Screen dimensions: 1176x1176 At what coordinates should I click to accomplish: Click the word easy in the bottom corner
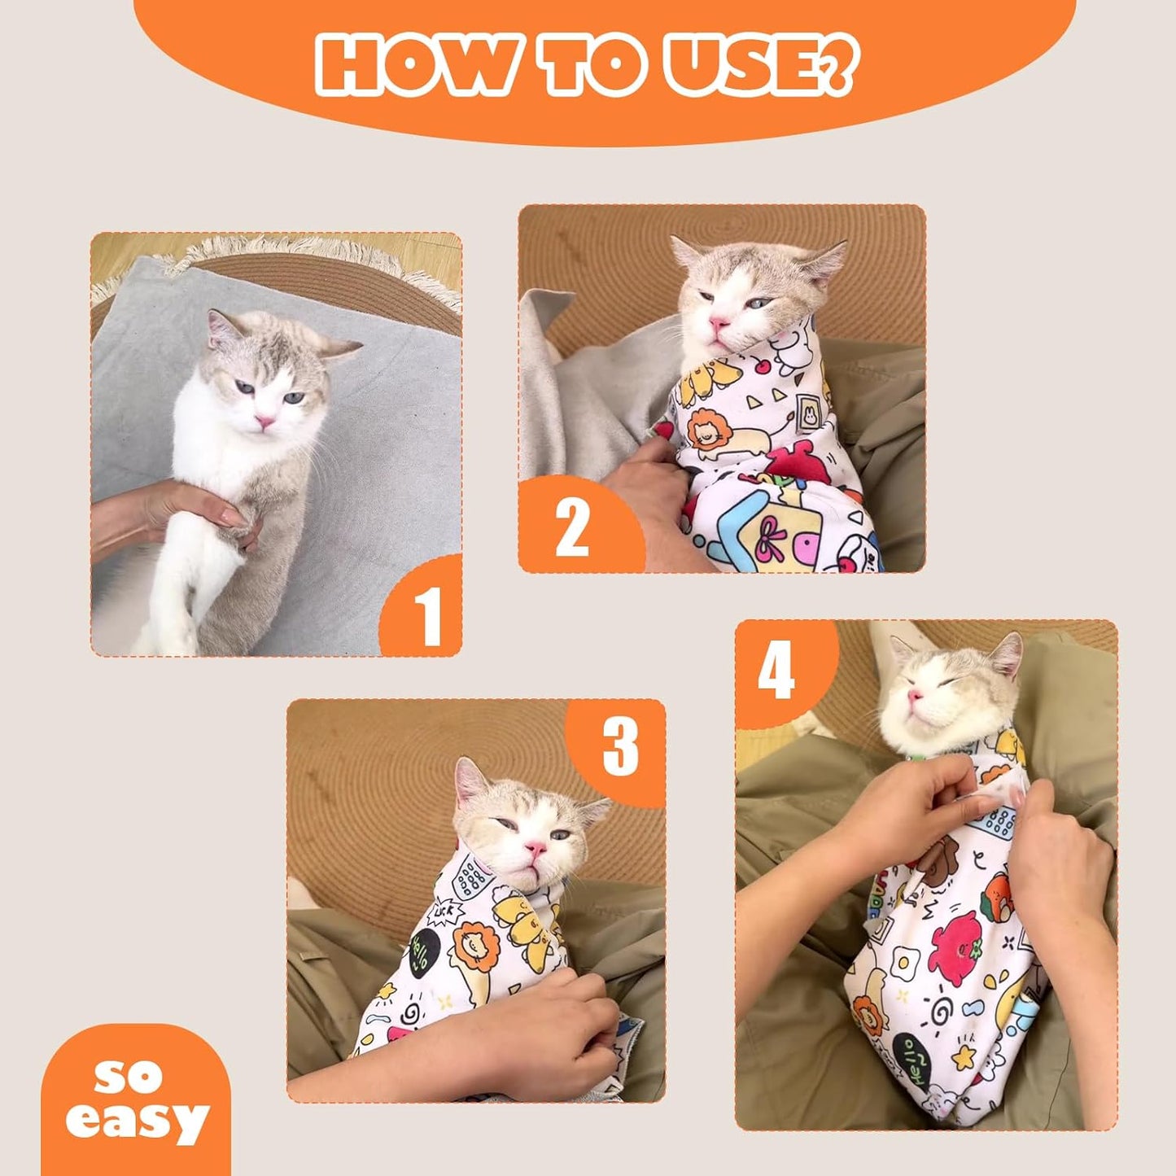pos(137,1121)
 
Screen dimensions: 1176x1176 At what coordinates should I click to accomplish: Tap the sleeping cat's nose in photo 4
pos(916,696)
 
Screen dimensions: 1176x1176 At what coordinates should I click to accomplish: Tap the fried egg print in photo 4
pos(902,965)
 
